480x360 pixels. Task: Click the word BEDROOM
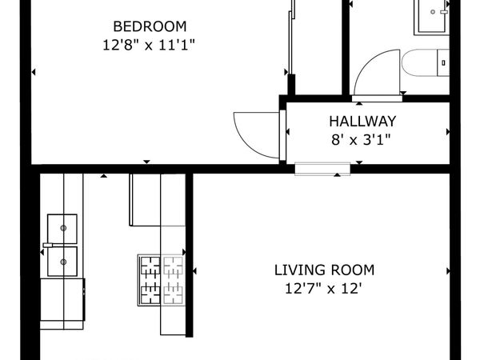pos(150,25)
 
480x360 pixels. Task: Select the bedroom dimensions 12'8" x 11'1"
pos(150,45)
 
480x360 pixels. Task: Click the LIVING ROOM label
pos(324,270)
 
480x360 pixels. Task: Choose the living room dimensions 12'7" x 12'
pos(324,288)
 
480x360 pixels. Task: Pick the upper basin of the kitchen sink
pos(62,227)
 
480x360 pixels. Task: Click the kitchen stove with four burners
pos(162,279)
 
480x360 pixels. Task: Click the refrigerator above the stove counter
pos(145,199)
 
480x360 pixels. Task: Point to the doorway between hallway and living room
pos(322,168)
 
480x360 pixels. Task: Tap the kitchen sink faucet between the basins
pos(48,244)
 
